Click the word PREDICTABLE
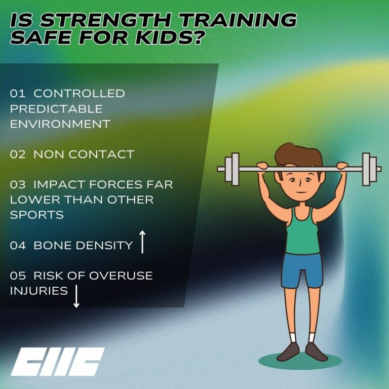pyautogui.click(x=56, y=109)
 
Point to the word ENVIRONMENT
pyautogui.click(x=60, y=124)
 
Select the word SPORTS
pyautogui.click(x=36, y=214)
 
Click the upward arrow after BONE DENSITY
pyautogui.click(x=142, y=242)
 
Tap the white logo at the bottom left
pyautogui.click(x=57, y=361)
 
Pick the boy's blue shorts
pyautogui.click(x=302, y=268)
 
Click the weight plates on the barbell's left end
pyautogui.click(x=232, y=169)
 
